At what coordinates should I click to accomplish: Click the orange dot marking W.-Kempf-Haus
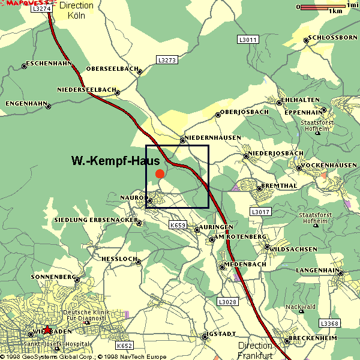(160, 174)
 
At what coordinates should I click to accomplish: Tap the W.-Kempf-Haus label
(115, 161)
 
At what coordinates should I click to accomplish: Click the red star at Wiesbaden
(47, 329)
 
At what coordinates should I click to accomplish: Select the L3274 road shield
(41, 9)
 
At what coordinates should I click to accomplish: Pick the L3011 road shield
(247, 40)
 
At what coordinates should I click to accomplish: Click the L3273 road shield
(167, 60)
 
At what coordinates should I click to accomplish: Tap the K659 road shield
(178, 225)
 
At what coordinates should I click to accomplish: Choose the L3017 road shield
(260, 212)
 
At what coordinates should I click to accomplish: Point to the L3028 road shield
(228, 302)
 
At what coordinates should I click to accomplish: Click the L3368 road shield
(330, 323)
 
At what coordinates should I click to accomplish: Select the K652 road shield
(124, 346)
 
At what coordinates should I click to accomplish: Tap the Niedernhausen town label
(213, 138)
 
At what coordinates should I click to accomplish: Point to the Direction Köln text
(77, 11)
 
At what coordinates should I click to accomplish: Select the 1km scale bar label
(336, 11)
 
